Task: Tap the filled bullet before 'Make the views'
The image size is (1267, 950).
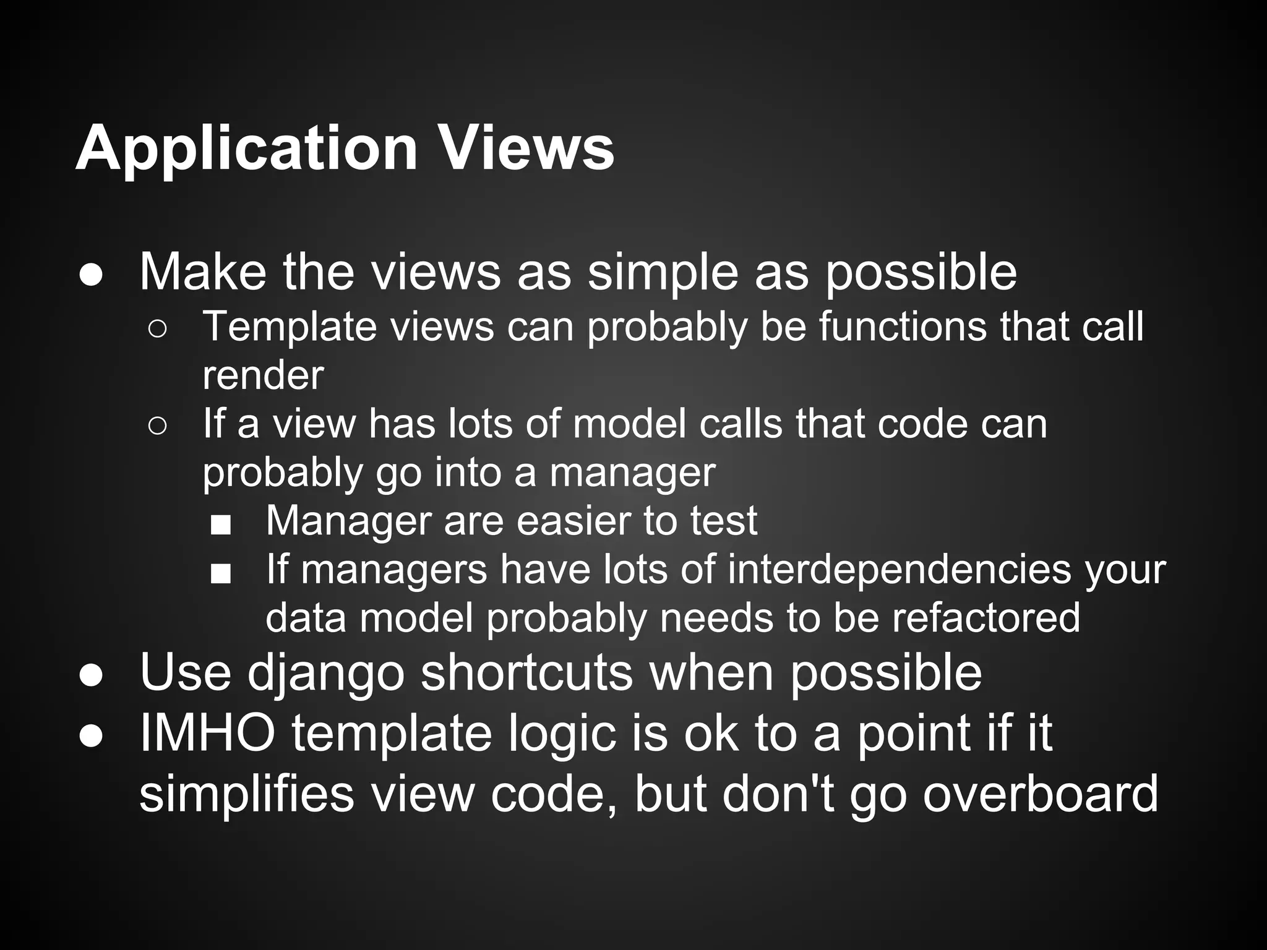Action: coord(91,276)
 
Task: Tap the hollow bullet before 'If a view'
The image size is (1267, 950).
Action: coord(157,426)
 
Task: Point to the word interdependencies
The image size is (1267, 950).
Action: coord(899,569)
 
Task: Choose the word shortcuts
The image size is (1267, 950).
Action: coord(526,672)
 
